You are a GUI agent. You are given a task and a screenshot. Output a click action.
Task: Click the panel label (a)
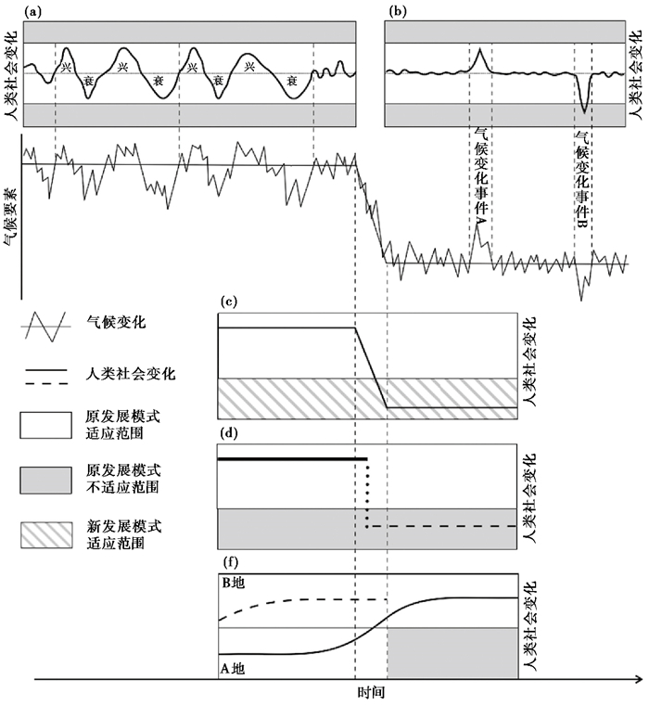click(x=33, y=11)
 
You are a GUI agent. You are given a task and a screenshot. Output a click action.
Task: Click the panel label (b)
click(x=397, y=11)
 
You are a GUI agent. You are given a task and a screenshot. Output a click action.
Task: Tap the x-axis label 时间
click(x=370, y=693)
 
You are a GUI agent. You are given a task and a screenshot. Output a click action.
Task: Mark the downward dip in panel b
click(x=584, y=109)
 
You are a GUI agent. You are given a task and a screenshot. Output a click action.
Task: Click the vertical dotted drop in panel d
click(x=368, y=493)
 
